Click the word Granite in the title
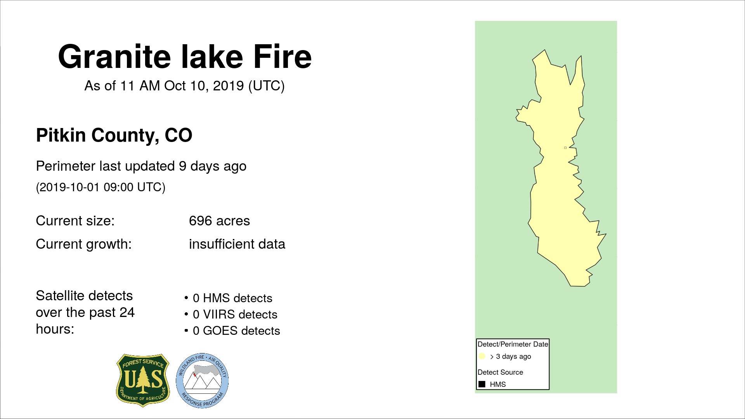pos(114,57)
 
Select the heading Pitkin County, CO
pos(114,135)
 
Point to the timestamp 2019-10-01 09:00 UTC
pos(101,187)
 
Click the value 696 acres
pos(219,221)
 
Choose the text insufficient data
pos(237,244)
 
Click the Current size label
pos(75,221)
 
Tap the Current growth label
pos(84,244)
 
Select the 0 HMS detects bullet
pos(229,298)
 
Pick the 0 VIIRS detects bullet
pos(231,314)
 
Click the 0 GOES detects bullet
pos(232,331)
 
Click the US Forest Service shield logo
pos(143,380)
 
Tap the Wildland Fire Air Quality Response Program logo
pos(202,381)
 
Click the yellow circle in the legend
pos(482,356)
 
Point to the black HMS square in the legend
pos(482,384)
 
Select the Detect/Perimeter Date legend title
pos(513,344)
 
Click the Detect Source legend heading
pos(501,372)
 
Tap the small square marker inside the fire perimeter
pos(565,148)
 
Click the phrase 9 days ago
pos(213,166)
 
